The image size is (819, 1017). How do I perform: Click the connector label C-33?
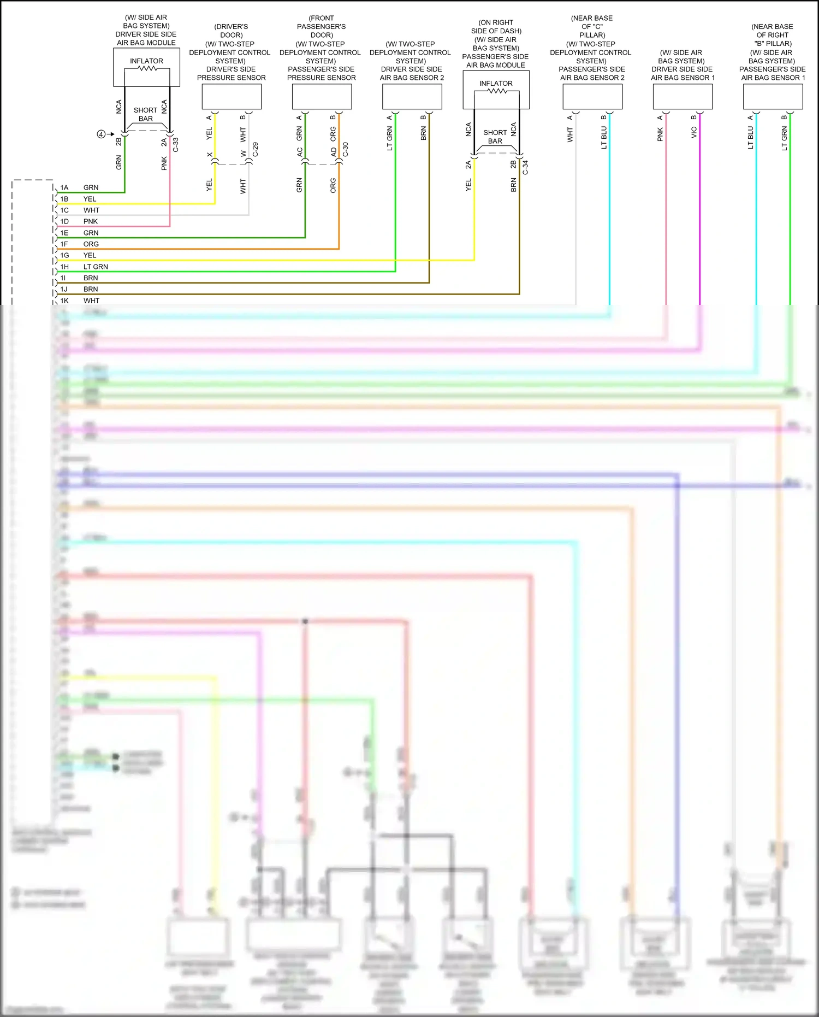[x=176, y=144]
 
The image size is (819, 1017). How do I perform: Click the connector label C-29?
[x=255, y=150]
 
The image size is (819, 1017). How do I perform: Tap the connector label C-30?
[x=345, y=150]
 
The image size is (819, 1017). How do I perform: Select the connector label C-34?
[x=525, y=167]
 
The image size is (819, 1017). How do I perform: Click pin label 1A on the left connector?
[x=64, y=187]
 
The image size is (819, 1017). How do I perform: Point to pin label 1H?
[x=64, y=267]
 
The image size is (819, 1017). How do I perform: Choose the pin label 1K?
[x=64, y=301]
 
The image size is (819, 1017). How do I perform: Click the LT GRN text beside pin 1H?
[x=96, y=267]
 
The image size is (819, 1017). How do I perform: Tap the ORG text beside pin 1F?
[x=91, y=244]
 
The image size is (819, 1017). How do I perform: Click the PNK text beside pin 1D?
[x=91, y=221]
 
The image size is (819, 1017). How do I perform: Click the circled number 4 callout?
[x=101, y=134]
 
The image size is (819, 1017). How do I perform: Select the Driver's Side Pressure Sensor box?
[x=232, y=97]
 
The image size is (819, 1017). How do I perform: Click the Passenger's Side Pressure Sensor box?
[x=322, y=97]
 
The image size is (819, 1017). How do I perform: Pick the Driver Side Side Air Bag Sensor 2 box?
[x=412, y=97]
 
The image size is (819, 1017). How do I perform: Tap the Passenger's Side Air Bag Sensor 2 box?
[x=592, y=97]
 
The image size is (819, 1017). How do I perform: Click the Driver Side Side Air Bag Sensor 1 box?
[x=682, y=97]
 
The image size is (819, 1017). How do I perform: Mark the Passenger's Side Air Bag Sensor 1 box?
[x=773, y=97]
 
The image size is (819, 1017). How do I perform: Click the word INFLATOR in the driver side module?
[x=146, y=61]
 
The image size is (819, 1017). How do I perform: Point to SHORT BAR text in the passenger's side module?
[x=495, y=137]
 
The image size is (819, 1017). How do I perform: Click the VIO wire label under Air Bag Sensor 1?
[x=694, y=132]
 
